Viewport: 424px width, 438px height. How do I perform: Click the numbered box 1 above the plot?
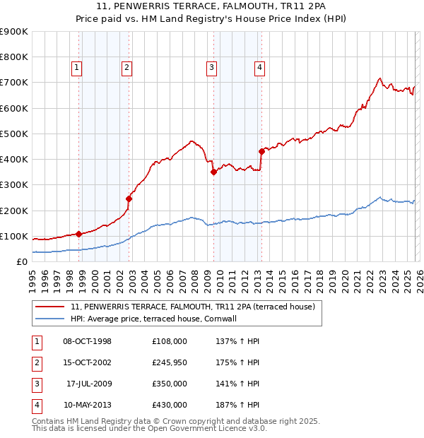(76, 68)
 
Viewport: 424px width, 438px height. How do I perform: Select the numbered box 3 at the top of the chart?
(211, 68)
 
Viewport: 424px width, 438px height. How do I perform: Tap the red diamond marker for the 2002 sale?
(129, 199)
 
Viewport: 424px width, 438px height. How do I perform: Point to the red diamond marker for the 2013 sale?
(261, 151)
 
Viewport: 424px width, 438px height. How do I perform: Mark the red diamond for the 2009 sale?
(213, 172)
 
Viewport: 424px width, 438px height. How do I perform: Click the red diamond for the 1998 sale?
(79, 234)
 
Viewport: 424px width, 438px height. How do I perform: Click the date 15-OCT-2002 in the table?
(88, 363)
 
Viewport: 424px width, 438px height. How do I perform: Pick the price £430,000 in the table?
(170, 406)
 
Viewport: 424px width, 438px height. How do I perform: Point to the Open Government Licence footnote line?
(149, 428)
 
